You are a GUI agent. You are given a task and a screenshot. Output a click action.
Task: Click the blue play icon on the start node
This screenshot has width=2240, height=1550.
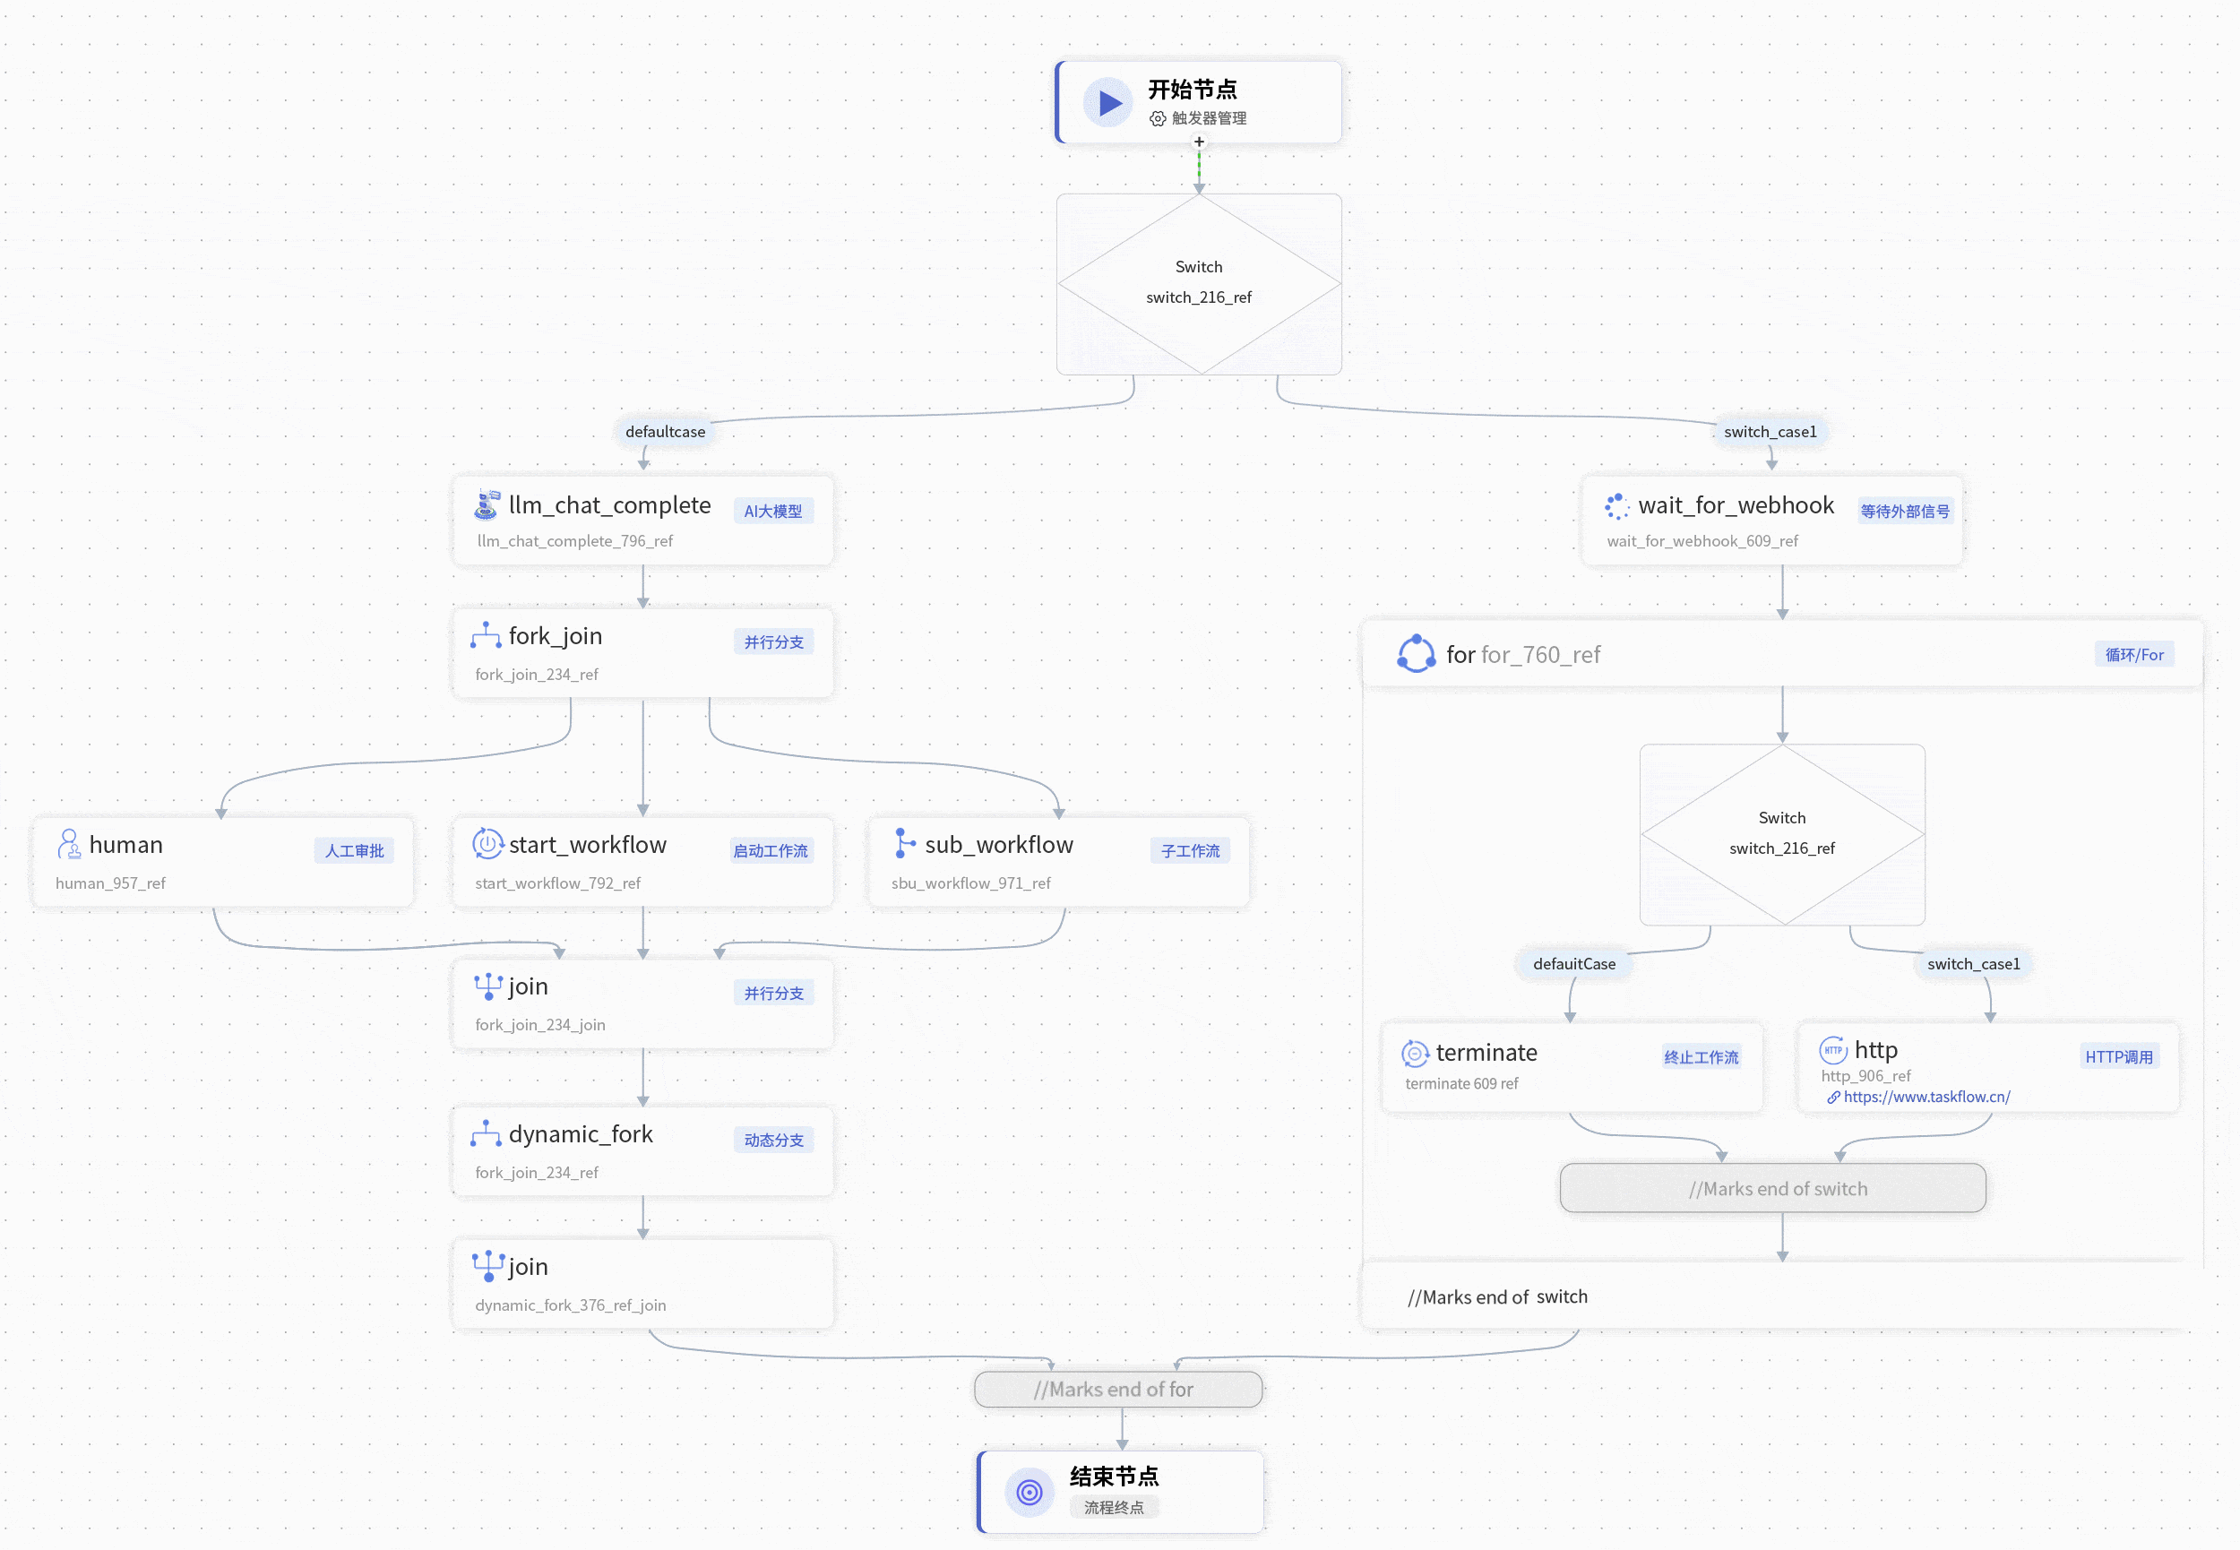click(x=1107, y=102)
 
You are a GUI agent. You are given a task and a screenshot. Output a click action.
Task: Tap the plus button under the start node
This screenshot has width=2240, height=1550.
click(x=1199, y=142)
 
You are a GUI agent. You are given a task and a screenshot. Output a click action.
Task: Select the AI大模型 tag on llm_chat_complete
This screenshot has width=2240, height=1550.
click(x=773, y=511)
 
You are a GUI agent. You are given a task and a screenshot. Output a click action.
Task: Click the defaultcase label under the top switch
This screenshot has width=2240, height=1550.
click(x=665, y=431)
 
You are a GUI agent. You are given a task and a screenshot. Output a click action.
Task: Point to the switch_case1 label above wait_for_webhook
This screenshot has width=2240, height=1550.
click(x=1770, y=431)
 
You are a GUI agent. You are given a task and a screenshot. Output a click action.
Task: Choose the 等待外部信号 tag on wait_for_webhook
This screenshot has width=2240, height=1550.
click(x=1905, y=511)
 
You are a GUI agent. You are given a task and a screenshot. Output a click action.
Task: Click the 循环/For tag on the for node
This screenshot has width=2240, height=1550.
click(x=2134, y=655)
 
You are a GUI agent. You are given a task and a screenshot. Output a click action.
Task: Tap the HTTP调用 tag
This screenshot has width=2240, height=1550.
click(x=2119, y=1056)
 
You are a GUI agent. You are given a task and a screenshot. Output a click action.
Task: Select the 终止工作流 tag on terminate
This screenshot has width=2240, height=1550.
click(x=1702, y=1056)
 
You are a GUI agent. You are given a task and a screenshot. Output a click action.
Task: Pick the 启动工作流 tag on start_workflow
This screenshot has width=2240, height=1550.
click(x=771, y=851)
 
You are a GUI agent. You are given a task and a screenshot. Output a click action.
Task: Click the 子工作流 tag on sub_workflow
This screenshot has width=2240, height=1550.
click(x=1191, y=851)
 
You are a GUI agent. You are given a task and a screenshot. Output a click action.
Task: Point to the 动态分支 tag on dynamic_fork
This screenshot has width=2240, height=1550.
click(x=773, y=1141)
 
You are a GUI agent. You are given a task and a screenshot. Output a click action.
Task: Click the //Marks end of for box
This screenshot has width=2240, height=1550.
click(x=1118, y=1389)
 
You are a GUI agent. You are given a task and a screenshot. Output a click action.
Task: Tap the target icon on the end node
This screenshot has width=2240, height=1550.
click(x=1030, y=1492)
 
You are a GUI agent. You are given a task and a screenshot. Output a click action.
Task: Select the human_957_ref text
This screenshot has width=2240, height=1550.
click(x=111, y=883)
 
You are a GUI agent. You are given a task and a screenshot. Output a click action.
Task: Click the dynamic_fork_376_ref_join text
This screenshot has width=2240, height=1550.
click(x=571, y=1305)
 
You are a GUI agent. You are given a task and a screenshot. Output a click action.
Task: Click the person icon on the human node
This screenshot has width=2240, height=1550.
click(x=69, y=844)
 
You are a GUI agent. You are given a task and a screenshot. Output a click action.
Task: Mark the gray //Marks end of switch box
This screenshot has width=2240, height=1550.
click(x=1773, y=1188)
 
